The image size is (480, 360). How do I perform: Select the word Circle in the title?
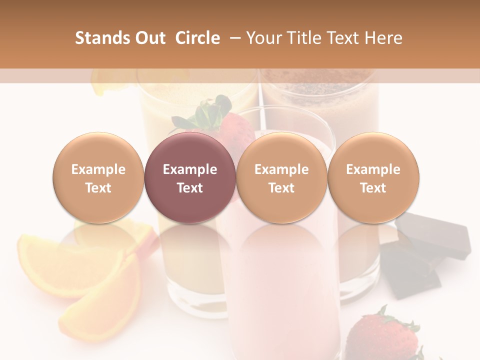(x=197, y=38)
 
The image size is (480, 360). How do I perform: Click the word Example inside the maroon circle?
(x=189, y=169)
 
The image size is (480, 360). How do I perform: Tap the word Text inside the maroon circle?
(x=189, y=188)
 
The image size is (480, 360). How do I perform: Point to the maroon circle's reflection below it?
(x=189, y=240)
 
